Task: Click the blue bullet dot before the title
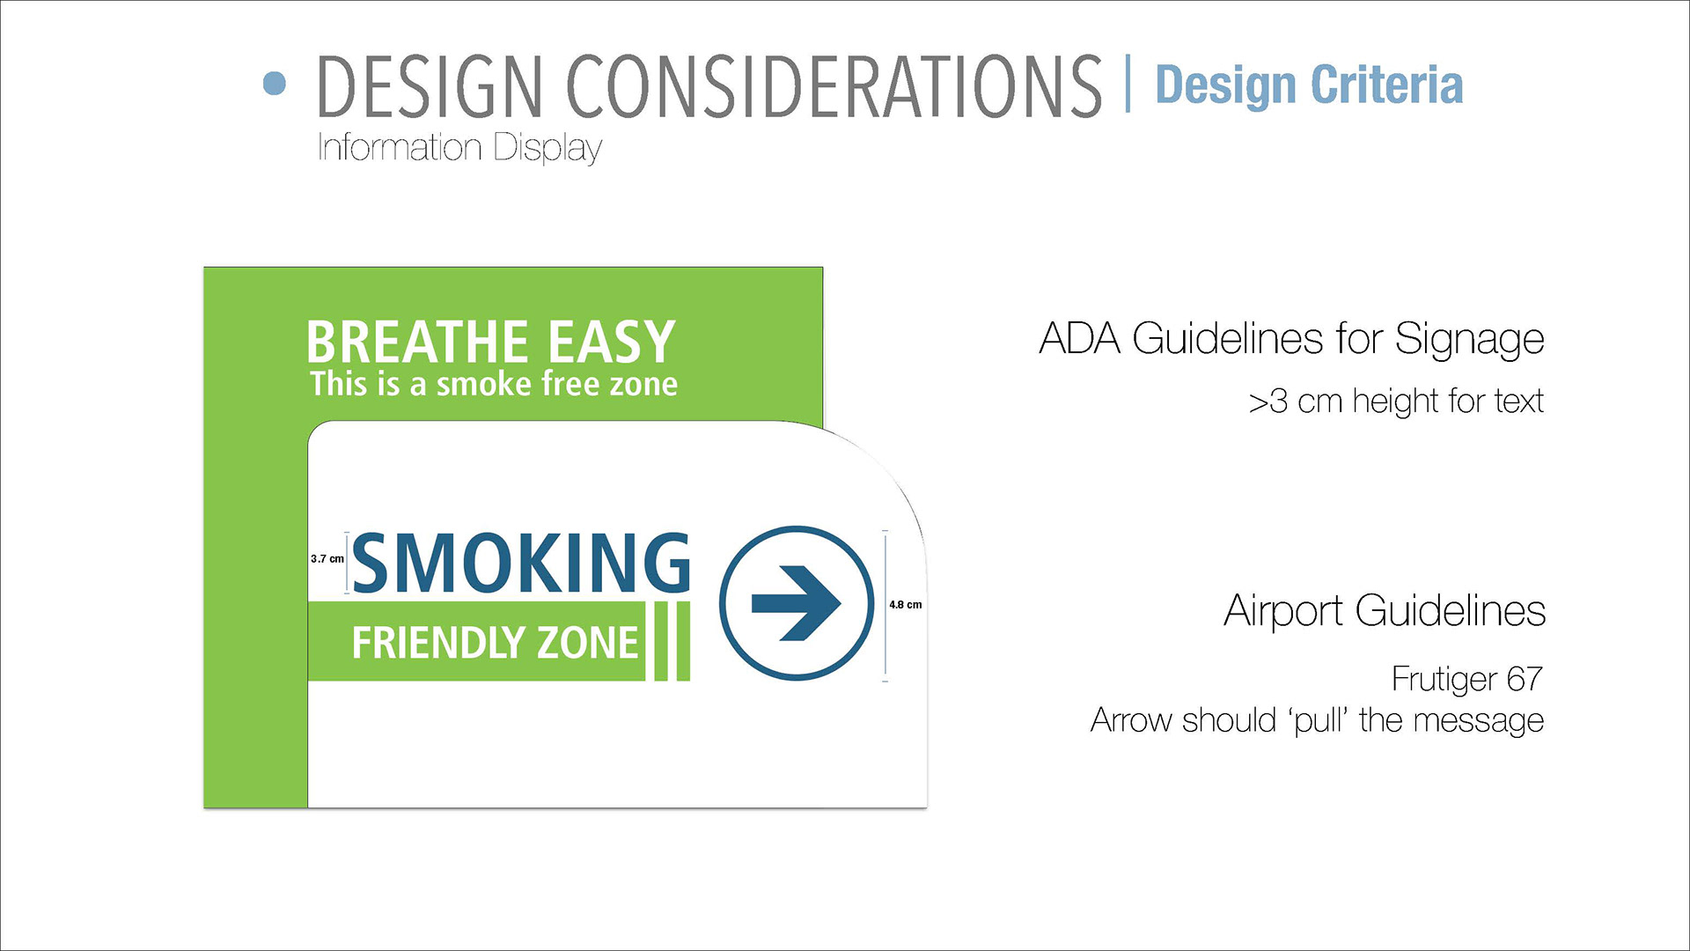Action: (x=275, y=84)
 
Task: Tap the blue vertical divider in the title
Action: (x=1128, y=84)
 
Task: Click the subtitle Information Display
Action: (x=459, y=148)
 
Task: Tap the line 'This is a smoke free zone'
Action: (x=494, y=384)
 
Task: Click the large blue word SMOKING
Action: (x=521, y=563)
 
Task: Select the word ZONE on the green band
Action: (x=587, y=643)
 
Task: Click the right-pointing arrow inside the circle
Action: (x=797, y=603)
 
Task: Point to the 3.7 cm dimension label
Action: (x=327, y=558)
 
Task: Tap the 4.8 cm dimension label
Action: (x=905, y=604)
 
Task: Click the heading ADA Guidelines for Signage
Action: (x=1291, y=339)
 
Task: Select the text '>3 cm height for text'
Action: (x=1396, y=402)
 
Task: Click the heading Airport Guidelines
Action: (x=1385, y=610)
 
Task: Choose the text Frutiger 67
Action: (x=1467, y=679)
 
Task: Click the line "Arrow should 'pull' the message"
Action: (x=1317, y=720)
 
